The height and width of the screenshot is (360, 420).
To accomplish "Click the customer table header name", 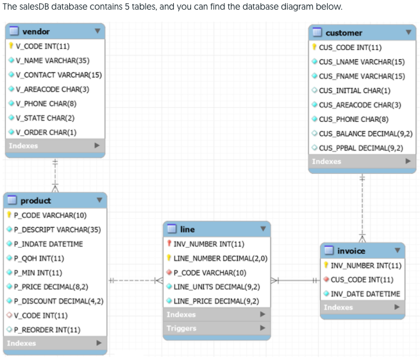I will pyautogui.click(x=344, y=32).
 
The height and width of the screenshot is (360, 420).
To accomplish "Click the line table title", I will pyautogui.click(x=188, y=229).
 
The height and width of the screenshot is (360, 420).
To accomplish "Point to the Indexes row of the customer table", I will pyautogui.click(x=327, y=161).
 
